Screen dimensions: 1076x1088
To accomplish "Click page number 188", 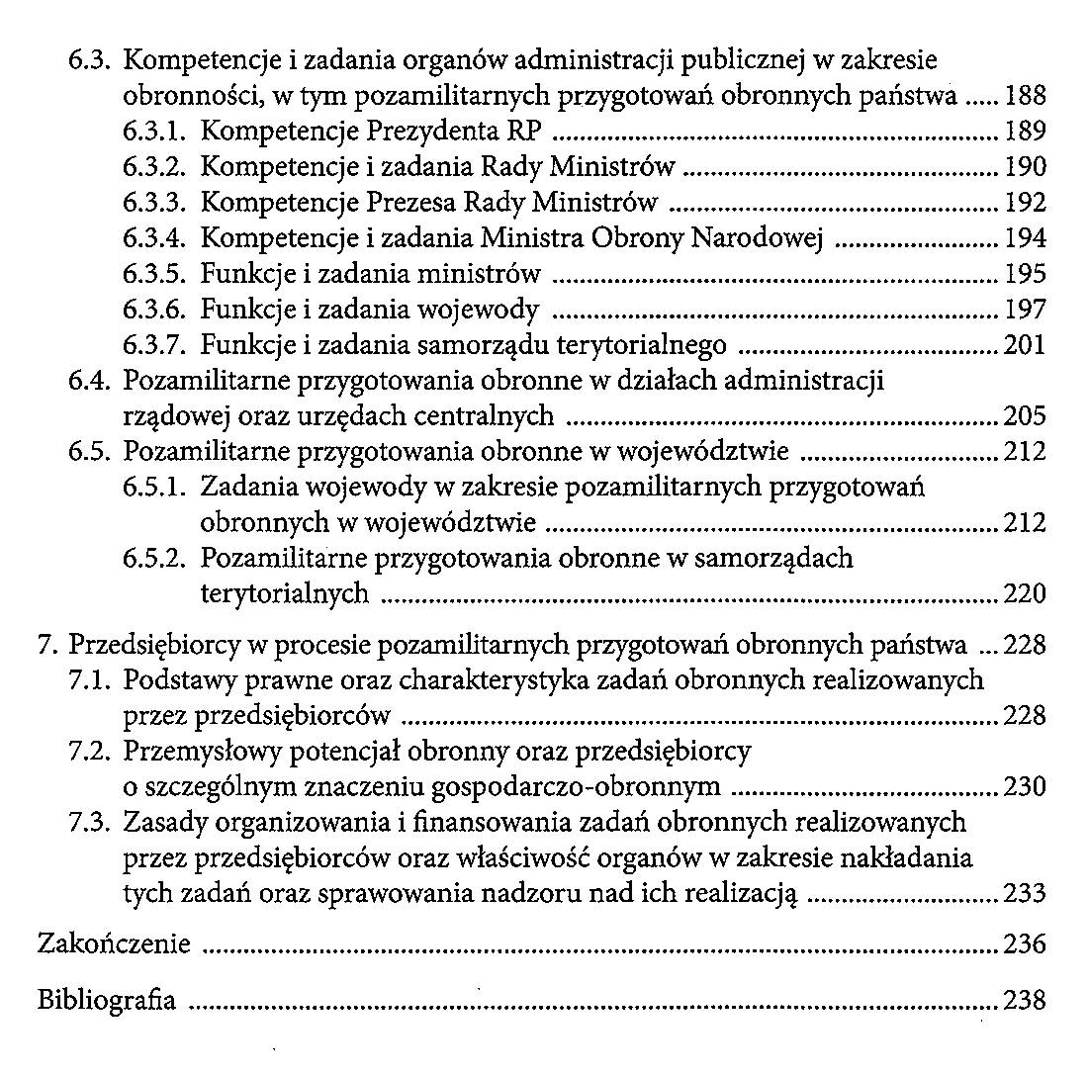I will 1025,98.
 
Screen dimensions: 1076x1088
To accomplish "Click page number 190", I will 1025,167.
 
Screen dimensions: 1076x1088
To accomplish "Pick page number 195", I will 1025,274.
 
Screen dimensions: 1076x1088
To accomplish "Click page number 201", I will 1025,345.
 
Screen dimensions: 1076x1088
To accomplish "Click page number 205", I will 1025,416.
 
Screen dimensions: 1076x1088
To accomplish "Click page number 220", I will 1025,594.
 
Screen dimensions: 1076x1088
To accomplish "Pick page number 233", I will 1025,894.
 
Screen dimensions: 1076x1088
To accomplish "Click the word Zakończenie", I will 113,944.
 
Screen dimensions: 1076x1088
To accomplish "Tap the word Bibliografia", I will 106,1000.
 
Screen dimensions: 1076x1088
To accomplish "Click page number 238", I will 1025,1000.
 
